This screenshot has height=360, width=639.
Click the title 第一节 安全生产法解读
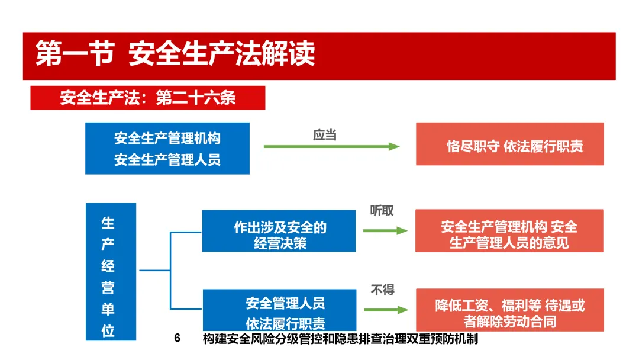[175, 54]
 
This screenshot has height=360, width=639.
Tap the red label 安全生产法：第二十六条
[147, 98]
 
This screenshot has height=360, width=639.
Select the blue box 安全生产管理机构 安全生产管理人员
[167, 149]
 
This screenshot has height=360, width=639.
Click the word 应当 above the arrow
[325, 135]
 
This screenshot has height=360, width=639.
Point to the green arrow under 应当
[331, 147]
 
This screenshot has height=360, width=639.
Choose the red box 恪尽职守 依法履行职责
[509, 144]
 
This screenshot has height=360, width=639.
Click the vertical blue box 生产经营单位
[111, 271]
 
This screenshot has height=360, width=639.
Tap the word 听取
[382, 211]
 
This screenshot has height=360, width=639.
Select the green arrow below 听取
[385, 230]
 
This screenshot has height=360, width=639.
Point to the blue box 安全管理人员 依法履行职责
[279, 311]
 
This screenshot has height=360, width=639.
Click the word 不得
[382, 290]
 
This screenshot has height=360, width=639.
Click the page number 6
[177, 339]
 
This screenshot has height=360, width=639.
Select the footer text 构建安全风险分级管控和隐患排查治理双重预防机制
[340, 339]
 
